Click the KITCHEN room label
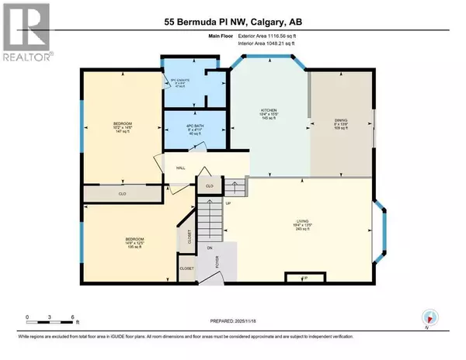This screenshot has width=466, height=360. pos(269,112)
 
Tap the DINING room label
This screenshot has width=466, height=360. pos(339,120)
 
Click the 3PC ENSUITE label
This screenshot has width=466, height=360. pos(182,78)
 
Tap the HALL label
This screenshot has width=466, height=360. pos(180,168)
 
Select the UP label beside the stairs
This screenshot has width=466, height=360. pos(228,204)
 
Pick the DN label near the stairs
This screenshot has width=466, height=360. pos(209,247)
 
